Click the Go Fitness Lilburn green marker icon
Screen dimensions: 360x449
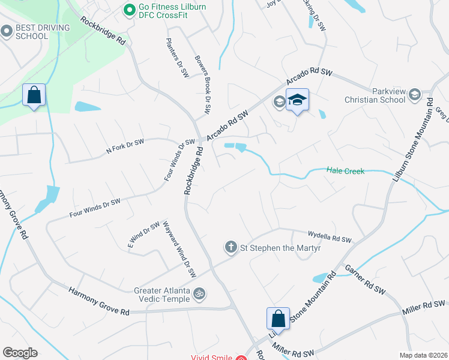[128, 9]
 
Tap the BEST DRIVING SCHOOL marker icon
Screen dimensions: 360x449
[7, 30]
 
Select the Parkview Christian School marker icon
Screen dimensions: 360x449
[414, 94]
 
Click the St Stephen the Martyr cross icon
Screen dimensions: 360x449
[231, 247]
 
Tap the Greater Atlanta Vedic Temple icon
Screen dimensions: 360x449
[200, 294]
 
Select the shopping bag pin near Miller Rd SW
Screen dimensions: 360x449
[278, 318]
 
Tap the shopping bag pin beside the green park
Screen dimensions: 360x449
[34, 95]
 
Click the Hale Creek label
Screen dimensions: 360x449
[345, 172]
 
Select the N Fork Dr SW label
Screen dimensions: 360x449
[125, 146]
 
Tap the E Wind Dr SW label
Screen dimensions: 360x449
[143, 234]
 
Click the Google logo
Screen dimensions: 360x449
[20, 353]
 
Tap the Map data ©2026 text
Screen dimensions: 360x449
[424, 355]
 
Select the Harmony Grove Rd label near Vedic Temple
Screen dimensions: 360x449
[99, 302]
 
